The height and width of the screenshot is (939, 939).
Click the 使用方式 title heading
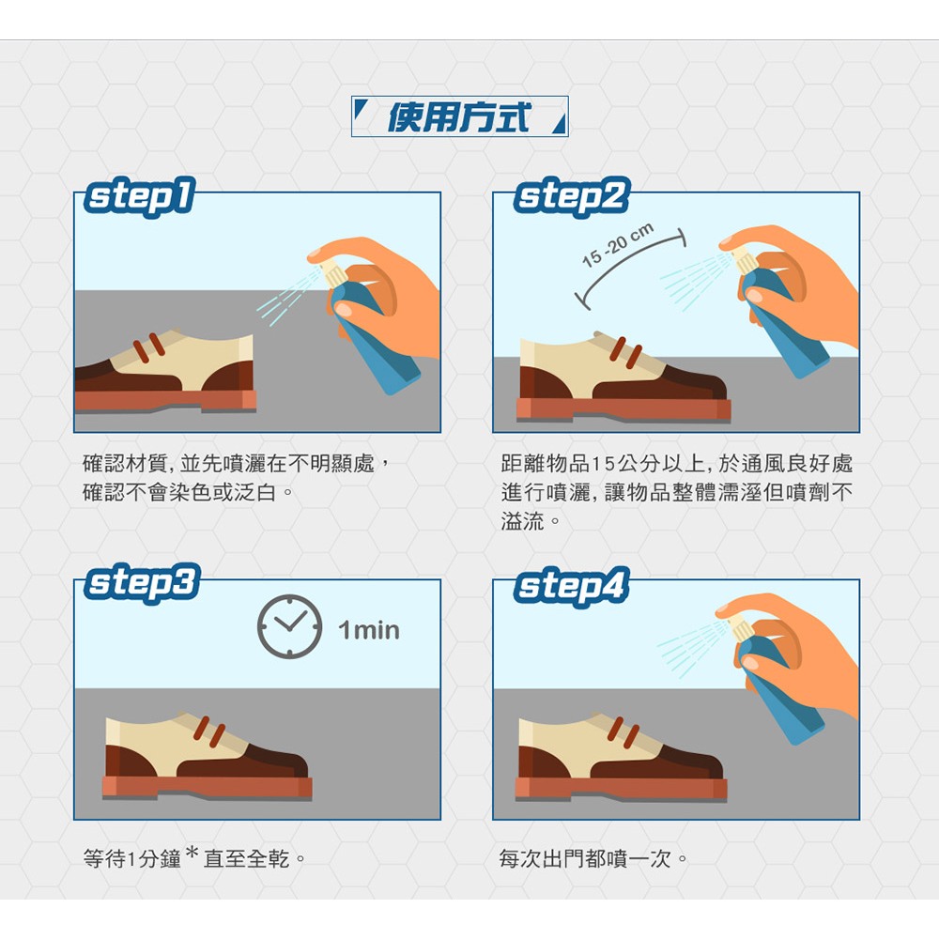click(x=459, y=116)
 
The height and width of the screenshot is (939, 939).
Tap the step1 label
click(x=140, y=196)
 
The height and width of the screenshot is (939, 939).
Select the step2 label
click(x=572, y=196)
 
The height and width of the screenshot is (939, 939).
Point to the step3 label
click(x=142, y=583)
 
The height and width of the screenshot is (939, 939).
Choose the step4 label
click(x=572, y=586)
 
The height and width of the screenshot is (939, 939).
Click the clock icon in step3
click(x=290, y=626)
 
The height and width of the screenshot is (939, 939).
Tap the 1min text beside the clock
click(x=369, y=630)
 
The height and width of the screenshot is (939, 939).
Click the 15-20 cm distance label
click(x=618, y=245)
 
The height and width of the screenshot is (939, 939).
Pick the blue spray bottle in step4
click(x=779, y=688)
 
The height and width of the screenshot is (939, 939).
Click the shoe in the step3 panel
click(x=208, y=756)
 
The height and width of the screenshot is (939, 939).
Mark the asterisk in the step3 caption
click(x=192, y=852)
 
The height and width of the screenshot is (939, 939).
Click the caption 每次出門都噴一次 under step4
click(x=585, y=859)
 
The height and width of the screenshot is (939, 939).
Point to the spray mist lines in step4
click(x=692, y=649)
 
